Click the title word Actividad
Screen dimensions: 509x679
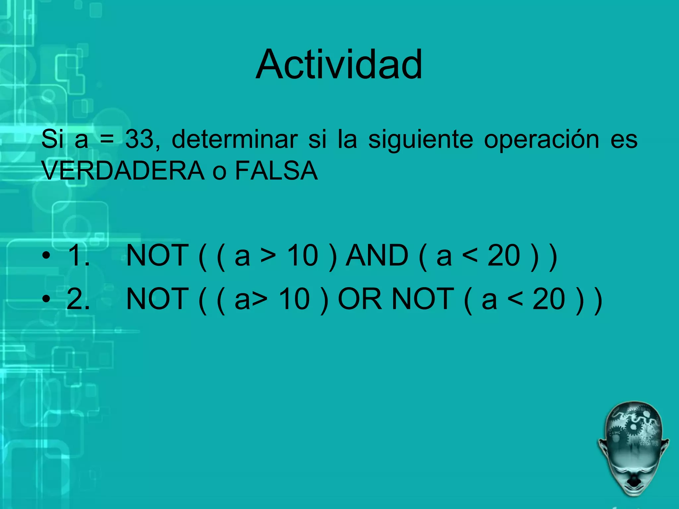pyautogui.click(x=339, y=65)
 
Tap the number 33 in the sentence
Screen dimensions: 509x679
pyautogui.click(x=140, y=139)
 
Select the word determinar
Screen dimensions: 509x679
pyautogui.click(x=234, y=139)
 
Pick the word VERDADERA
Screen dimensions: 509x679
pyautogui.click(x=123, y=171)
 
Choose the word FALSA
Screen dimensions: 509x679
pyautogui.click(x=276, y=171)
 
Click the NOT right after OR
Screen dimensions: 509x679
pyautogui.click(x=423, y=299)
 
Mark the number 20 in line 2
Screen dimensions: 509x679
pyautogui.click(x=549, y=299)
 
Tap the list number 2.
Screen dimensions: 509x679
pyautogui.click(x=78, y=299)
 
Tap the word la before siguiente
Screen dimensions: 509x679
pyautogui.click(x=347, y=139)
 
